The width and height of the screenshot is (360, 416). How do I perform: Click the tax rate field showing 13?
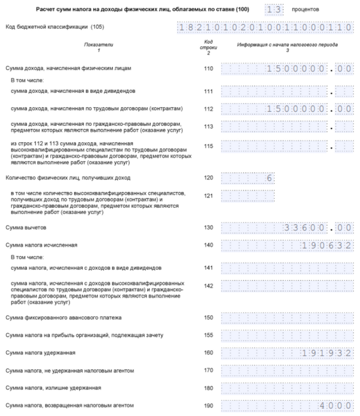pyautogui.click(x=275, y=9)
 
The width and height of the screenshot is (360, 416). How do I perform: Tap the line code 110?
pyautogui.click(x=209, y=68)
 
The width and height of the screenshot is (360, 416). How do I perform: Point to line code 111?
pyautogui.click(x=209, y=91)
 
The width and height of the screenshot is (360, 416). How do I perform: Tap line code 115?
pyautogui.click(x=209, y=147)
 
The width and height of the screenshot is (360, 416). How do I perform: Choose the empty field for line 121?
pyautogui.click(x=248, y=196)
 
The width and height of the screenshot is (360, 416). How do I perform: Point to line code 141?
pyautogui.click(x=209, y=268)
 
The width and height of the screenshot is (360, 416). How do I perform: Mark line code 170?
pyautogui.click(x=209, y=371)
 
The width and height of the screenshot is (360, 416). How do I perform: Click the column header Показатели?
pyautogui.click(x=98, y=45)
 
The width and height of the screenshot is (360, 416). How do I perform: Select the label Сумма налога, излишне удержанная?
pyautogui.click(x=53, y=388)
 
